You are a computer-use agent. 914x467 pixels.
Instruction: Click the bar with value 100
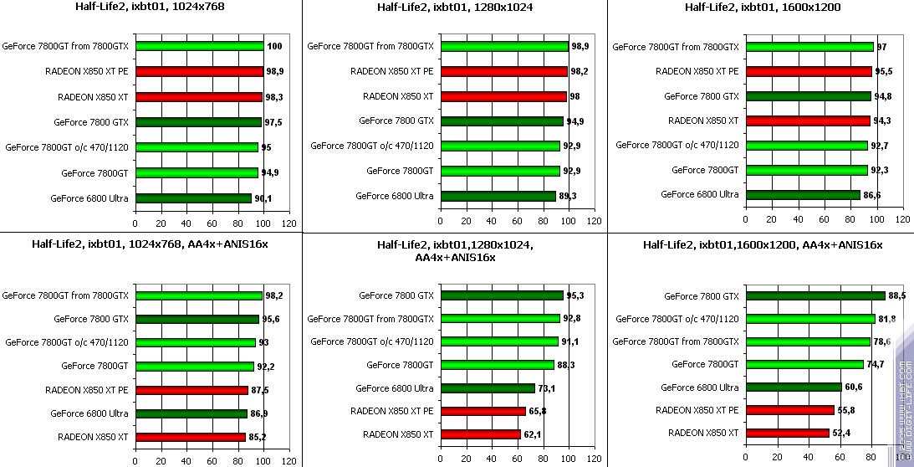pos(199,47)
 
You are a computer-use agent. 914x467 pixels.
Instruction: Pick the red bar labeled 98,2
pos(503,72)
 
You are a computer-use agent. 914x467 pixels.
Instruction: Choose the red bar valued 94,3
pos(808,121)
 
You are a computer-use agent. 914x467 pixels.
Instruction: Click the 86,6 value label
pos(873,195)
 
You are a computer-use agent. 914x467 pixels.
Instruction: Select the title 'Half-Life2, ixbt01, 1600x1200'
pos(763,8)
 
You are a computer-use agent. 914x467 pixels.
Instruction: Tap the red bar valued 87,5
pos(191,390)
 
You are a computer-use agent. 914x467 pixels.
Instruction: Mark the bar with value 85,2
pos(190,437)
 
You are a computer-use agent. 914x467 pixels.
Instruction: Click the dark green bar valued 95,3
pos(502,295)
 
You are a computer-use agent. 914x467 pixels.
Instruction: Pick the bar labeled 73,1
pos(488,388)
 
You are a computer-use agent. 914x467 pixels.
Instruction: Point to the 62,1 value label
pos(534,434)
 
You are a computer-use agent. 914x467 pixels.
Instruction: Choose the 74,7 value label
pos(876,364)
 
